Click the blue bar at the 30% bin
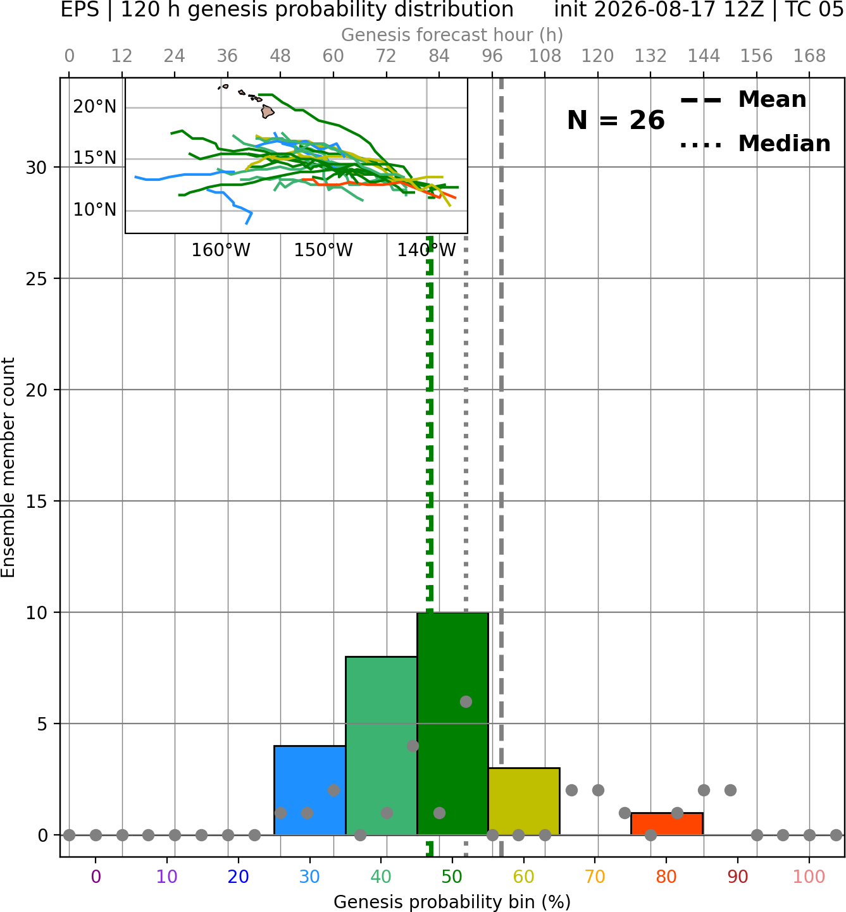pos(309,791)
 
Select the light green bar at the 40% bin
pos(382,746)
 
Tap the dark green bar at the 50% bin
pos(452,724)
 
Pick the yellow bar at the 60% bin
pos(524,801)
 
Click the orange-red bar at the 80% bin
pos(667,824)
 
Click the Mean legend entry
pos(743,100)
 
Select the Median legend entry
pos(755,144)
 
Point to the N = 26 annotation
pos(616,120)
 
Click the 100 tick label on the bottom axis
pos(809,877)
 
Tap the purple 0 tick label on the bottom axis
pos(96,877)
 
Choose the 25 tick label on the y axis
pos(37,279)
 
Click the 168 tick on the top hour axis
pos(809,56)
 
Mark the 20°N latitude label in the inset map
pos(95,107)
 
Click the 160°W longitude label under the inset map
pos(221,250)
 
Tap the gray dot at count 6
pos(466,701)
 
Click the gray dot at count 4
pos(413,746)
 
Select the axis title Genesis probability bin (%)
pos(452,902)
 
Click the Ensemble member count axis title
pos(8,467)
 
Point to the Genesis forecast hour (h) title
pos(452,35)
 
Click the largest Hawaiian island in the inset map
pos(268,111)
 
